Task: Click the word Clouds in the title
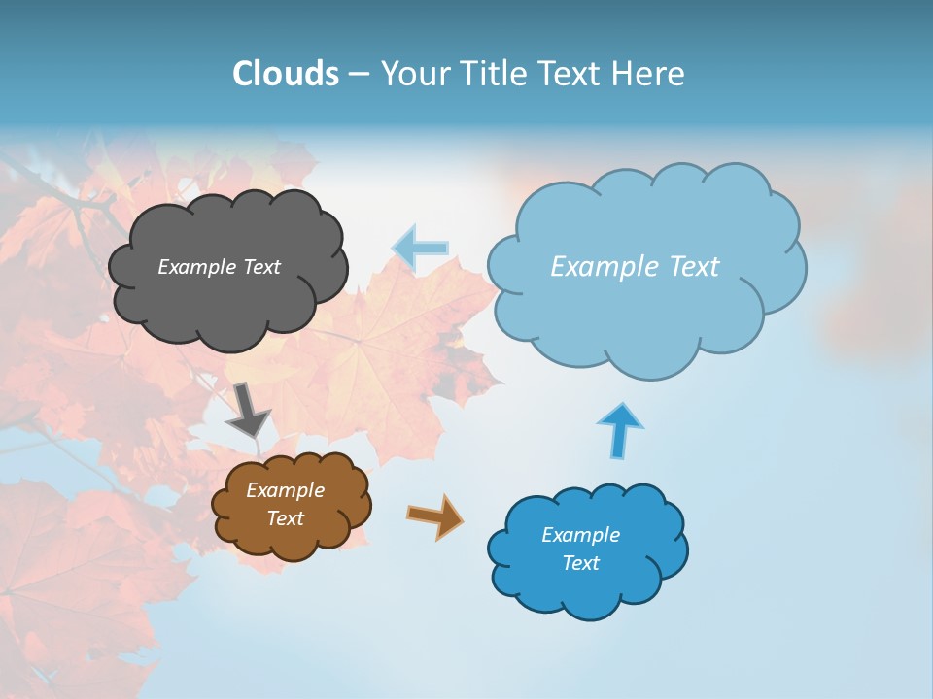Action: pyautogui.click(x=285, y=74)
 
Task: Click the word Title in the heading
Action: pyautogui.click(x=492, y=74)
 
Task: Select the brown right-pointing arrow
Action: pyautogui.click(x=435, y=516)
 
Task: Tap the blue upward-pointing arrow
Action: pyautogui.click(x=619, y=429)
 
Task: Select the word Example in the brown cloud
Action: pyautogui.click(x=285, y=490)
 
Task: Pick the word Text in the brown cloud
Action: pyautogui.click(x=285, y=518)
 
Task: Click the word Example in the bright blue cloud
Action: pyautogui.click(x=580, y=535)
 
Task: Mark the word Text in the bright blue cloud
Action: pyautogui.click(x=580, y=563)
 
